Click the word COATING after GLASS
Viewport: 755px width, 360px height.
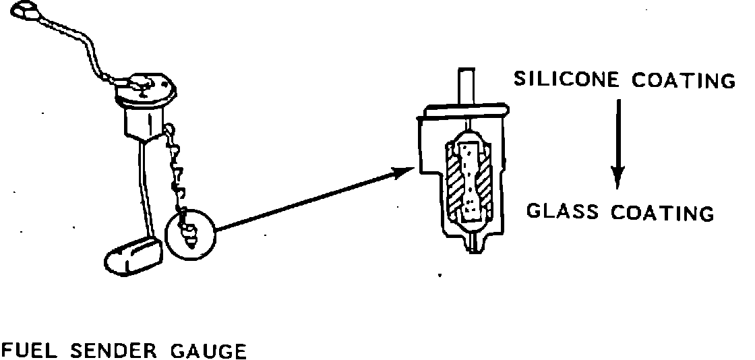pos(662,213)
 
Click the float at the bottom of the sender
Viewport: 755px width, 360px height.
pos(133,255)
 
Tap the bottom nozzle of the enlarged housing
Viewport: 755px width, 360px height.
pos(475,245)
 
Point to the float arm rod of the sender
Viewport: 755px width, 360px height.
pos(144,189)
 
